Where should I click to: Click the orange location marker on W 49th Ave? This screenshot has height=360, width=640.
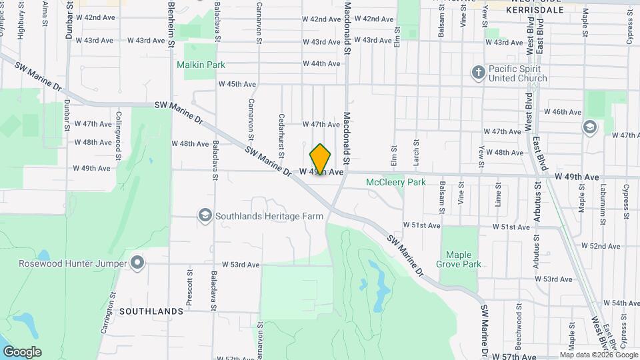tap(321, 160)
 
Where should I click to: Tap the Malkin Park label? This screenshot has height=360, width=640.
tap(201, 65)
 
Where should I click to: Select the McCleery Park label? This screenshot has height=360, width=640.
tap(395, 182)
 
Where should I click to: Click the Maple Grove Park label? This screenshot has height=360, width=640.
tap(459, 259)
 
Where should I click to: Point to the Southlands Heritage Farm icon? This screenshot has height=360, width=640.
tap(205, 215)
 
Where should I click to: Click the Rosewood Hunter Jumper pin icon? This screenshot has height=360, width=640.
tap(137, 263)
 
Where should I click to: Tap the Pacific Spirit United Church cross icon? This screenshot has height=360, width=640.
tap(478, 71)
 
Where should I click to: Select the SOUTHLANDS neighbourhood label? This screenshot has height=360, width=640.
tap(151, 311)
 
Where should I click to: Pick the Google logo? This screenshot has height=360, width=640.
tap(22, 352)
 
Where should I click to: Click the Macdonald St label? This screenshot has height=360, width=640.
tap(347, 139)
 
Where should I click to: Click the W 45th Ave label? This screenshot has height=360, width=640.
tap(237, 84)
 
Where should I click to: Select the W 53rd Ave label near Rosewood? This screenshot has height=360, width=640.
tap(240, 265)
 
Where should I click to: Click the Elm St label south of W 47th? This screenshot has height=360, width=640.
tap(393, 157)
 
